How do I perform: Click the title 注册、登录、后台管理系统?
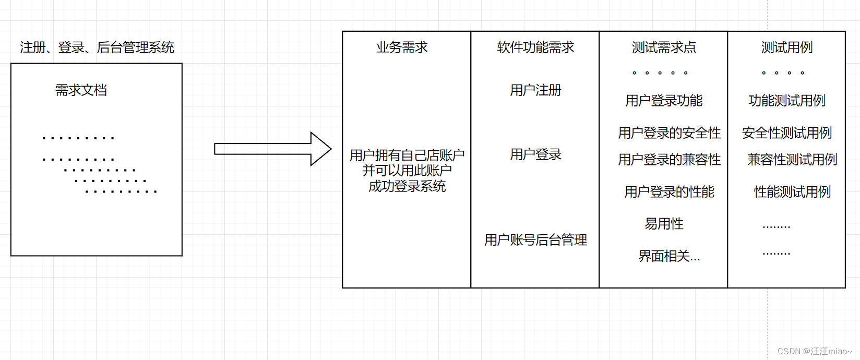pyautogui.click(x=97, y=47)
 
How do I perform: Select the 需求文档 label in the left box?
pyautogui.click(x=81, y=90)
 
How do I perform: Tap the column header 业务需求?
pyautogui.click(x=402, y=47)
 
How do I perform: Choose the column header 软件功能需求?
pyautogui.click(x=535, y=47)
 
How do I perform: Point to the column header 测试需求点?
pyautogui.click(x=664, y=47)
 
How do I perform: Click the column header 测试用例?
pyautogui.click(x=787, y=47)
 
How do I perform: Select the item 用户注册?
pyautogui.click(x=535, y=90)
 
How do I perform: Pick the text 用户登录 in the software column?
pyautogui.click(x=535, y=154)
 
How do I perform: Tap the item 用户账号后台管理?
pyautogui.click(x=535, y=240)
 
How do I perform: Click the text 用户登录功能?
pyautogui.click(x=664, y=101)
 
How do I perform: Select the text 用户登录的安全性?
pyautogui.click(x=669, y=133)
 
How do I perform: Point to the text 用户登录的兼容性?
pyautogui.click(x=669, y=160)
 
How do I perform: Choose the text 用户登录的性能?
pyautogui.click(x=669, y=192)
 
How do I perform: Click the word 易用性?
pyautogui.click(x=664, y=224)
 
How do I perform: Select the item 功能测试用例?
pyautogui.click(x=787, y=101)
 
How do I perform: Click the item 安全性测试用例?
pyautogui.click(x=787, y=133)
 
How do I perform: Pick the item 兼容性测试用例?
pyautogui.click(x=792, y=160)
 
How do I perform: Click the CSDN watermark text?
pyautogui.click(x=814, y=351)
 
